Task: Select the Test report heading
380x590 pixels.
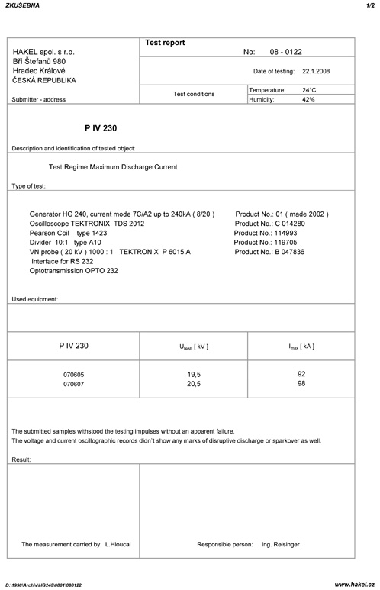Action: [165, 43]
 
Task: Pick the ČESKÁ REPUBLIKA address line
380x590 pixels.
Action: [44, 80]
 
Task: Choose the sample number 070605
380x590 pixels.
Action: [73, 376]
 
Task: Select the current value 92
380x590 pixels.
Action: [301, 375]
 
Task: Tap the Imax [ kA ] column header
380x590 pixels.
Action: [301, 347]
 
